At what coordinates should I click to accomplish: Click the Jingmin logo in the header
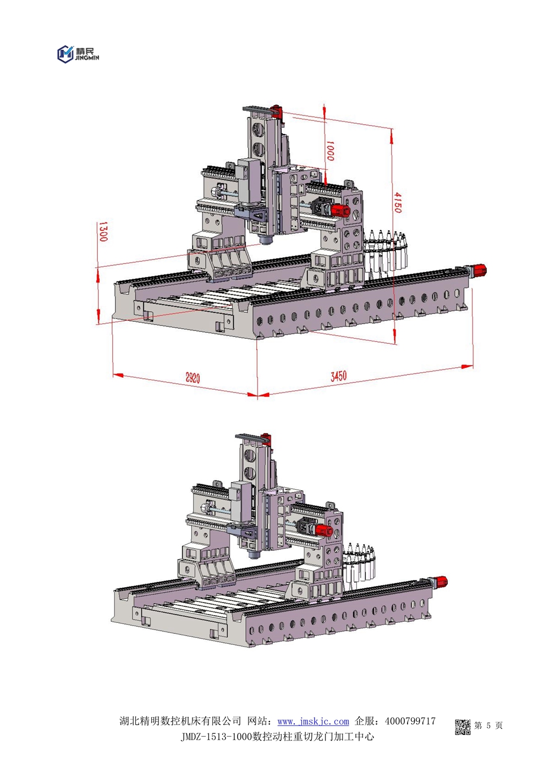(x=78, y=54)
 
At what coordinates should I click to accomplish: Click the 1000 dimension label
(x=330, y=151)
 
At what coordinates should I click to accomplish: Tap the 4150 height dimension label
(x=398, y=202)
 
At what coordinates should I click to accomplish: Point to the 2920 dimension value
(x=193, y=377)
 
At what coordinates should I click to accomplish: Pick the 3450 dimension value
(x=338, y=376)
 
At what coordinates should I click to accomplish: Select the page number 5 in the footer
(x=488, y=723)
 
